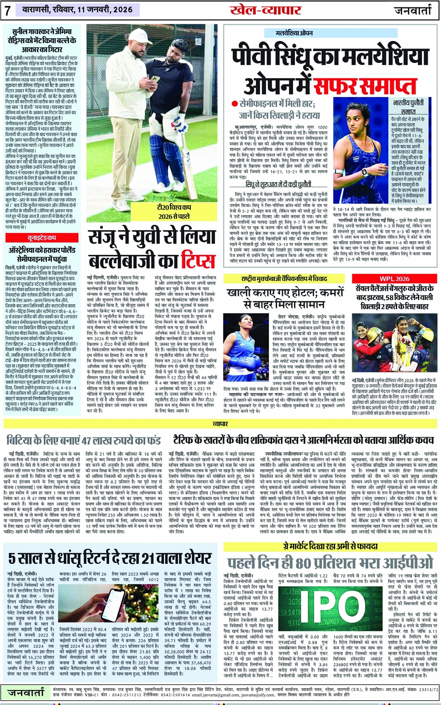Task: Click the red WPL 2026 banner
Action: [x=394, y=279]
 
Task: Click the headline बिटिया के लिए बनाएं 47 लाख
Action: [x=83, y=440]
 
